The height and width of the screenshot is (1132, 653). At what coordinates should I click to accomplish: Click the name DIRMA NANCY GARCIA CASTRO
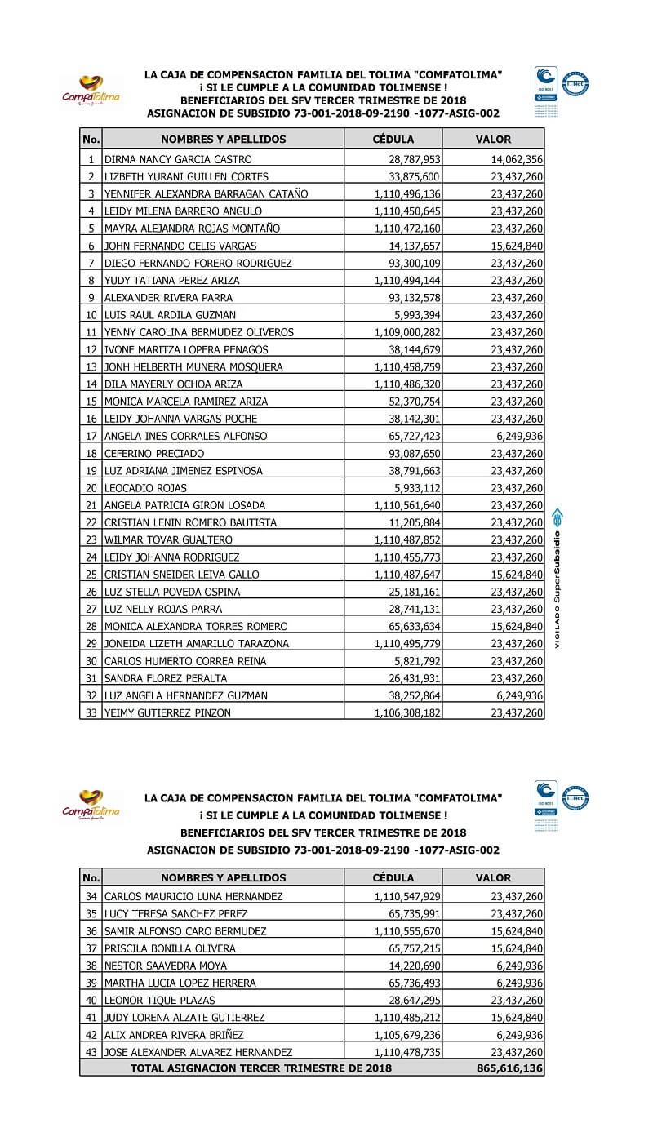178,160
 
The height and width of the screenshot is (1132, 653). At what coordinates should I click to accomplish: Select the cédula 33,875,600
414,177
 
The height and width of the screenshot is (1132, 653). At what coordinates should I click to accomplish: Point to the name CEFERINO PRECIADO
154,454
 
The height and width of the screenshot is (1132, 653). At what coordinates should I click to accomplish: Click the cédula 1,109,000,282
407,333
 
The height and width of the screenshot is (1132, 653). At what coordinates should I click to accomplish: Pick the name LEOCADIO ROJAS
145,488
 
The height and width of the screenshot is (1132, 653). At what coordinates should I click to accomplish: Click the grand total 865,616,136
509,1068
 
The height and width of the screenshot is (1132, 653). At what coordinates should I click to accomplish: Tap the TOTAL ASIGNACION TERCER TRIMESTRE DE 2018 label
260,1068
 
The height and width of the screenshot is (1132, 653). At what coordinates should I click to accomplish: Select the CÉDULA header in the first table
393,140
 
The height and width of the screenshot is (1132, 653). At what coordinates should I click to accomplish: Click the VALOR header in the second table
493,878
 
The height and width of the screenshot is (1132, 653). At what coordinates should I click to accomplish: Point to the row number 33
91,713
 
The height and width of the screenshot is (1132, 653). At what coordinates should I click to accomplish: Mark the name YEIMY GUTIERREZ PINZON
167,713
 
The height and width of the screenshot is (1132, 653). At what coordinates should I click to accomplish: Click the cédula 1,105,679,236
407,1035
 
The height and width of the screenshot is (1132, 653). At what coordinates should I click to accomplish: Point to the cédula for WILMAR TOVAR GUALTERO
407,540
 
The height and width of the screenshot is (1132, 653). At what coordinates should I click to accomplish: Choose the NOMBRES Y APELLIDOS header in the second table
223,878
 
